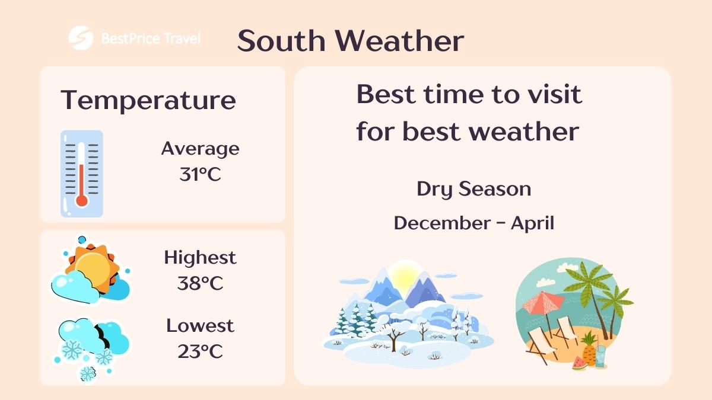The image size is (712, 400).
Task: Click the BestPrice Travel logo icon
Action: pos(81,39)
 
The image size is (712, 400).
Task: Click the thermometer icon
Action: pos(82,173)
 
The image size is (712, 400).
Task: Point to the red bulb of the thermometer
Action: pos(82,200)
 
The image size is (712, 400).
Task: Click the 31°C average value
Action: pos(200,174)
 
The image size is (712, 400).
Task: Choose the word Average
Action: pos(200,148)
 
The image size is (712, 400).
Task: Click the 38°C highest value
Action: pos(200,283)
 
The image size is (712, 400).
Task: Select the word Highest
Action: pos(200,258)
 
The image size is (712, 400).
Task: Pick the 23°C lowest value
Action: pos(200,351)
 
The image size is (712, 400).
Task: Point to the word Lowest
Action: pos(200,325)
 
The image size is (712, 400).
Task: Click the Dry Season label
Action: pos(473,189)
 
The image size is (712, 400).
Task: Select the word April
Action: pos(532,223)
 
